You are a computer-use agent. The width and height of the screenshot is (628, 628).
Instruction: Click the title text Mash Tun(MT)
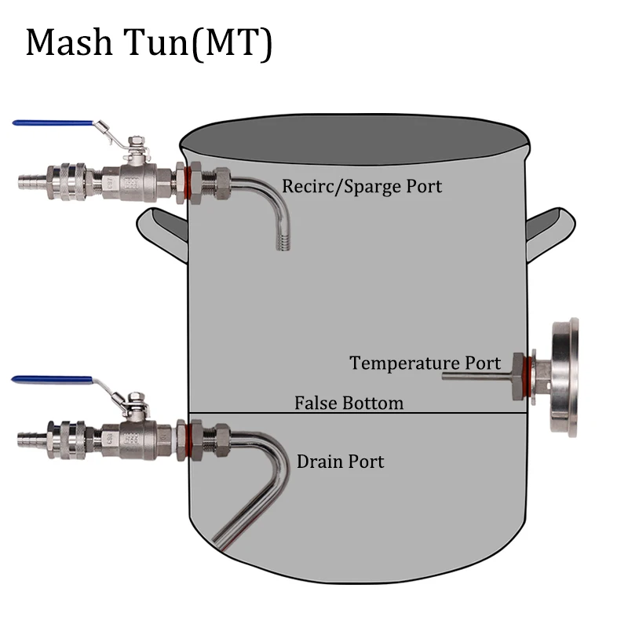click(x=149, y=43)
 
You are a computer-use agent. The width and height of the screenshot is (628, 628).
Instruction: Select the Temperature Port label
click(x=425, y=363)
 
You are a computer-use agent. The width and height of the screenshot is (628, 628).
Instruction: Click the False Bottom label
click(x=349, y=403)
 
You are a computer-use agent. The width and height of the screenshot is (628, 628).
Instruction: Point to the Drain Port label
click(x=341, y=461)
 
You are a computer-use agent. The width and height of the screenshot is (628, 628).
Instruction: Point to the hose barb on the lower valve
click(x=27, y=433)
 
